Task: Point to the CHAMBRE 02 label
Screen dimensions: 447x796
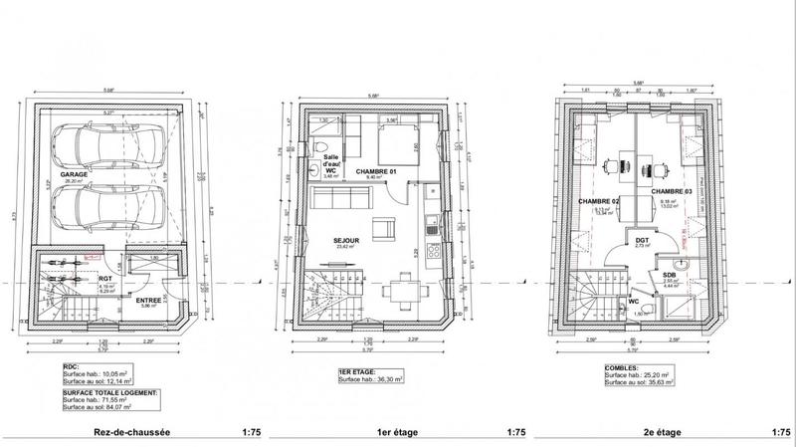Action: [599, 202]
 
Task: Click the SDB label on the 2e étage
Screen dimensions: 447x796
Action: [671, 275]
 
